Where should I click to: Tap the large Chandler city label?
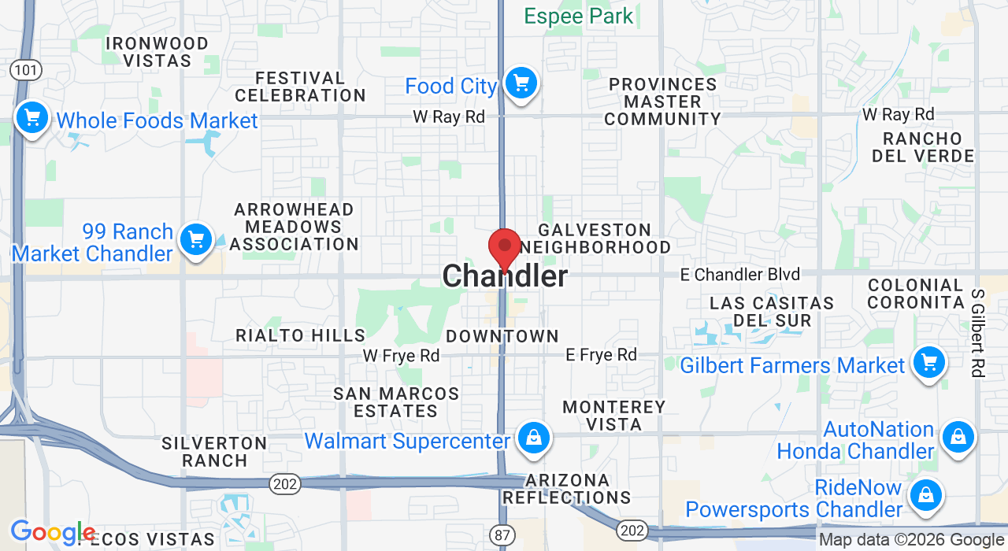505,276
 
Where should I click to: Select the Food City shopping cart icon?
520,83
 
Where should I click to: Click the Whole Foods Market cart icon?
31,119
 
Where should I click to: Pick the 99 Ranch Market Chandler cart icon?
195,239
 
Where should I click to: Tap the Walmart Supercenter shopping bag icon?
534,438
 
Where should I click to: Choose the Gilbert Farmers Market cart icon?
928,362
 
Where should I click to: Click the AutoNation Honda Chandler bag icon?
958,436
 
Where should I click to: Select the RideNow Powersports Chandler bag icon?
926,495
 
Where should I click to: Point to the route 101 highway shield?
25,71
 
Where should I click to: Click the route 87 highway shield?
502,535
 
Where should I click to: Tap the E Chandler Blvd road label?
740,275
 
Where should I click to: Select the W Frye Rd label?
401,356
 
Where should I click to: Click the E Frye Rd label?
601,355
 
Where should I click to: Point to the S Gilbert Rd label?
978,333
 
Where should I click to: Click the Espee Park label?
579,16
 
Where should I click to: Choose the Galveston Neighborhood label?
596,239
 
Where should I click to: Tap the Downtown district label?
502,336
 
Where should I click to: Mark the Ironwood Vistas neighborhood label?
157,52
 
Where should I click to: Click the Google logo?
53,533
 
